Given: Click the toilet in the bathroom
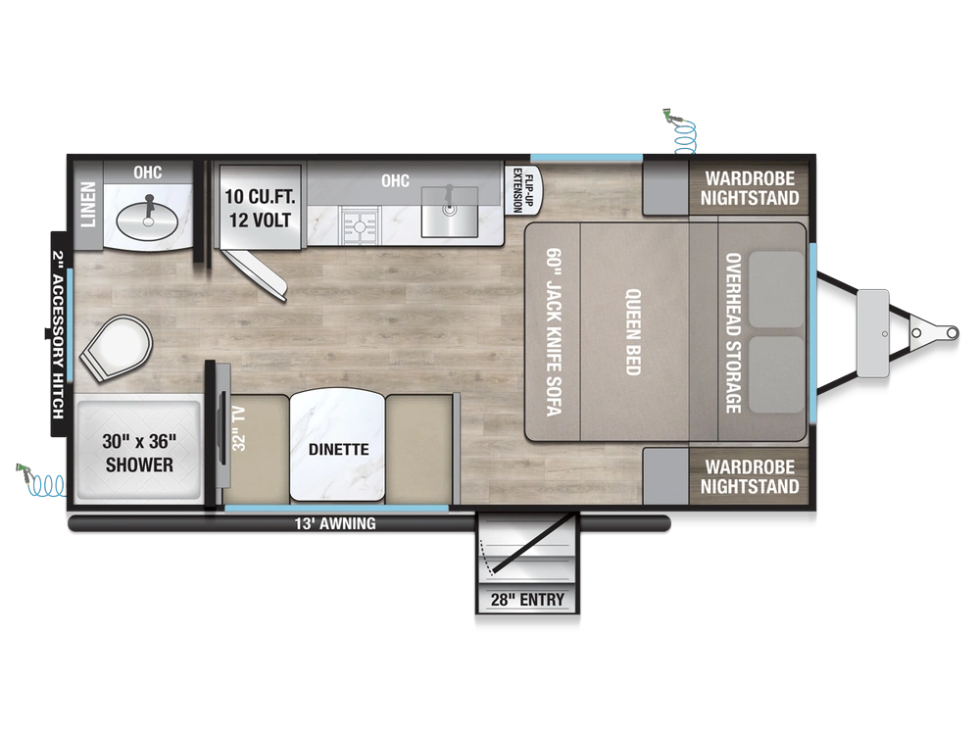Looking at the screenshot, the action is pos(117,348).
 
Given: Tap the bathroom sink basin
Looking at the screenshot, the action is pos(148,220).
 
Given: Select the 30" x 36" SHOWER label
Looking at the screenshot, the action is pos(139,453).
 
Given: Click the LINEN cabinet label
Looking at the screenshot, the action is pos(88,205).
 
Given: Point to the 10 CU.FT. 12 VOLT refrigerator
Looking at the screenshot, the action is pos(260,208).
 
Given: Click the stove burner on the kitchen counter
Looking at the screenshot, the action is pos(362,225).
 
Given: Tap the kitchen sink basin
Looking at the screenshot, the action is pos(450,212).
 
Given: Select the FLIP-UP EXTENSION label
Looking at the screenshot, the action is pos(523,190).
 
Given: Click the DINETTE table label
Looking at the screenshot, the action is pos(338,450).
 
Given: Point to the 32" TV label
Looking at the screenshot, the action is pos(239,428).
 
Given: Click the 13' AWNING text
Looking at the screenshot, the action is pos(335,523).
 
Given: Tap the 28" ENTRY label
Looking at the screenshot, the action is pos(527,600).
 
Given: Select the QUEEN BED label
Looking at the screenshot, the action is pos(633,332).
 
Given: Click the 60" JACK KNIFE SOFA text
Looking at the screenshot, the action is pos(554,332).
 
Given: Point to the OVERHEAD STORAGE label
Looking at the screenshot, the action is pos(733,332).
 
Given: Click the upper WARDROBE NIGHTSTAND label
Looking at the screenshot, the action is pos(750,188).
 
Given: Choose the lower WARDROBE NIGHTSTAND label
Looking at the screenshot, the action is pos(750,476).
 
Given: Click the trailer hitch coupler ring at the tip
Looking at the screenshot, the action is pos(952,332).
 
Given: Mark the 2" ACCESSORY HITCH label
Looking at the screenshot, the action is pos(58,335).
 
